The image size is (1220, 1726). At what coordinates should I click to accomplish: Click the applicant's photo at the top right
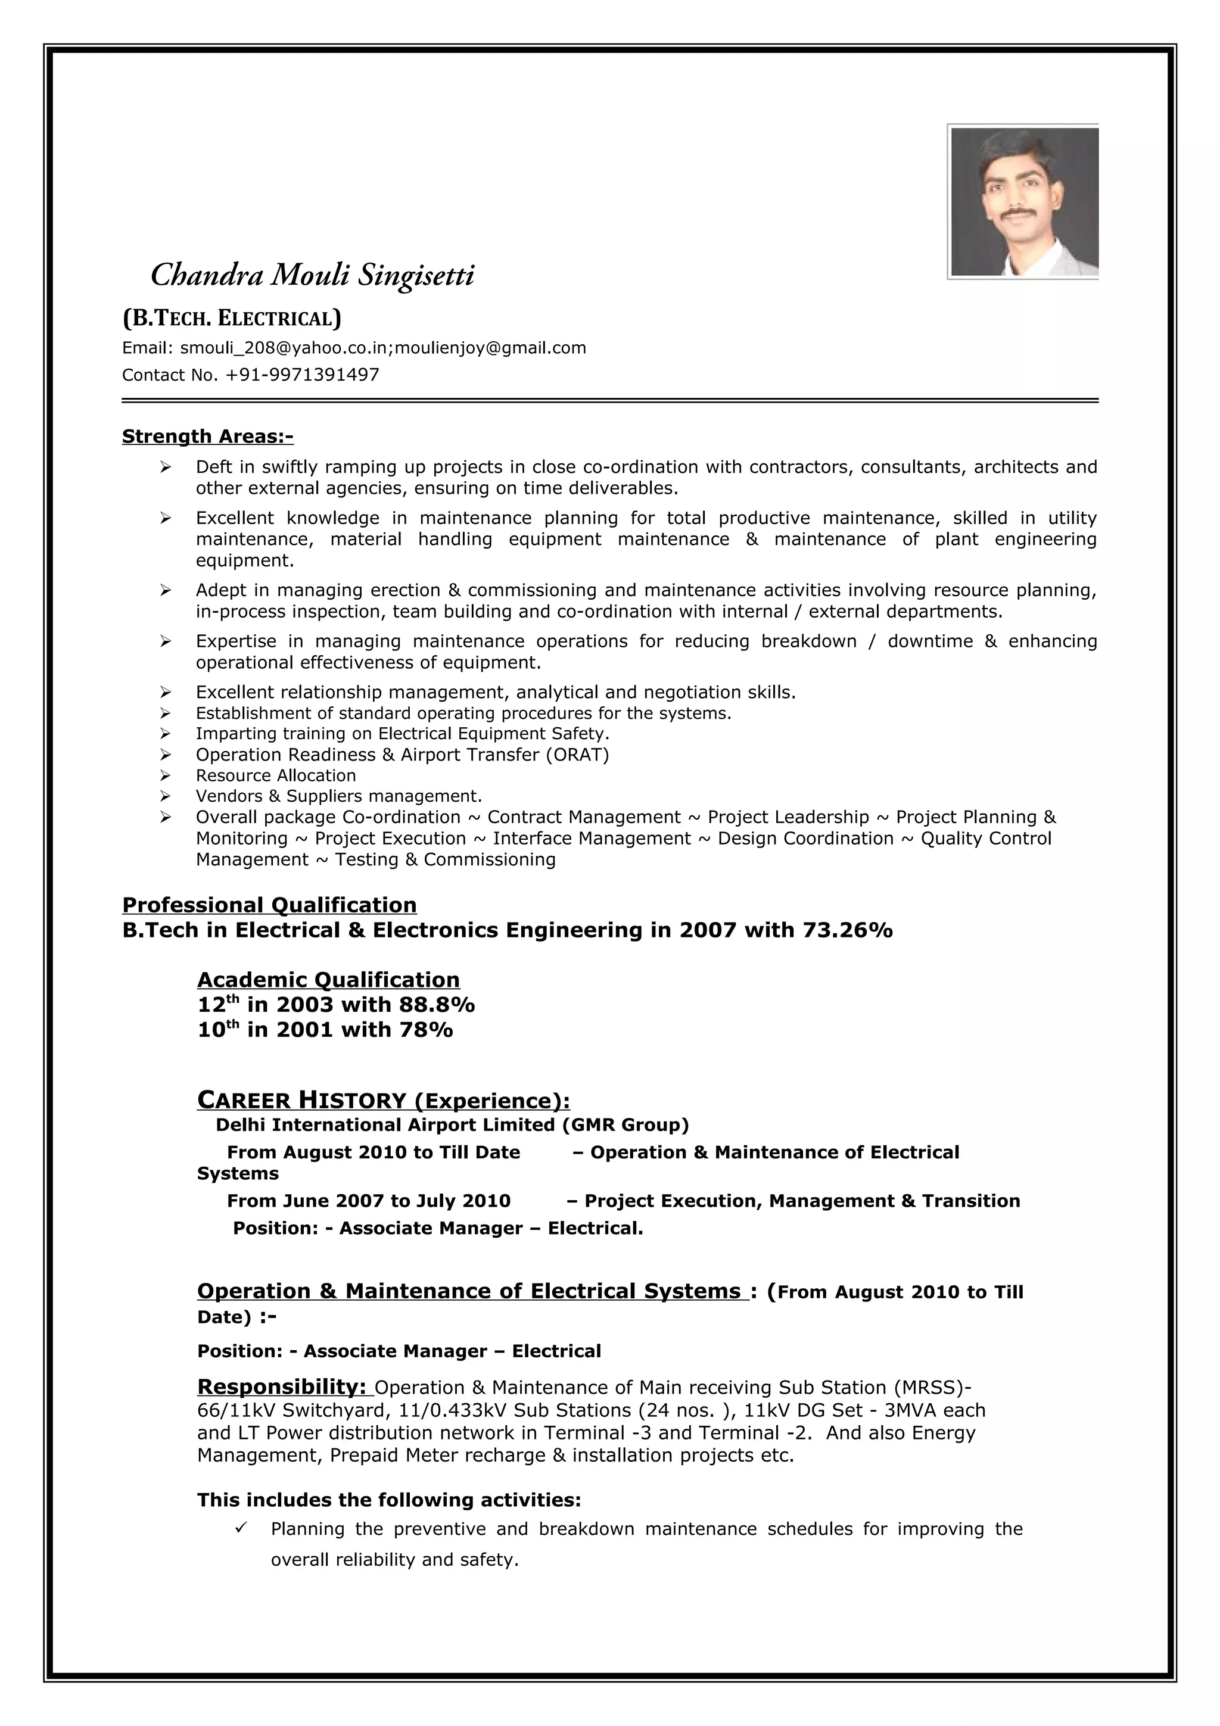click(x=1023, y=201)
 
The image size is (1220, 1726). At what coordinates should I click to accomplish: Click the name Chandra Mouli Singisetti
click(x=313, y=275)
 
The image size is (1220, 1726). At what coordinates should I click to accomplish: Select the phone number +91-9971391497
click(x=302, y=375)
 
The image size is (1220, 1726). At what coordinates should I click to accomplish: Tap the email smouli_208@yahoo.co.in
click(x=284, y=347)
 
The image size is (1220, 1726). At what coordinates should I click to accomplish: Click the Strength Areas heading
click(x=207, y=436)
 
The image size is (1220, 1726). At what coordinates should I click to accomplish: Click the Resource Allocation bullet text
click(x=276, y=775)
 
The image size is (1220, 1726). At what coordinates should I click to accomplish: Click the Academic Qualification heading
click(x=328, y=980)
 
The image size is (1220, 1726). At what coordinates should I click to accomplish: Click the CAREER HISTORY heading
click(x=384, y=1101)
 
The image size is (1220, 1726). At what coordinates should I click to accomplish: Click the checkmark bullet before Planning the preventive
click(x=241, y=1528)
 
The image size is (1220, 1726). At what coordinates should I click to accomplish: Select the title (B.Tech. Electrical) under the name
click(x=232, y=319)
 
